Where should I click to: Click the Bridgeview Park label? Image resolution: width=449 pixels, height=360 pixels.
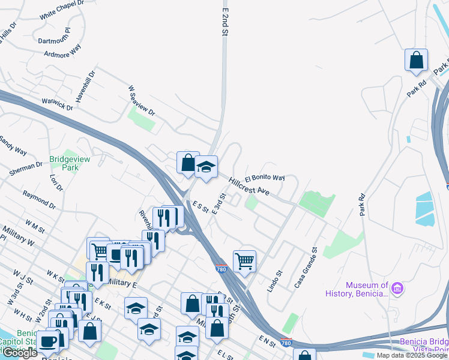tap(65, 163)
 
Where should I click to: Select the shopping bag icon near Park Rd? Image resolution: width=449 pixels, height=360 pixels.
tap(416, 61)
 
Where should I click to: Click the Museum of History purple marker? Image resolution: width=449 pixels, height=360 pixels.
tap(398, 289)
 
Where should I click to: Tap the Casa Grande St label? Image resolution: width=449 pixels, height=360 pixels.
tap(306, 266)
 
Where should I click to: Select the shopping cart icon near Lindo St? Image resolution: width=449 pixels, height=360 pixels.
tap(244, 262)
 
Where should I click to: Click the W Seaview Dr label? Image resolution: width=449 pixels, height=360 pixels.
tap(141, 100)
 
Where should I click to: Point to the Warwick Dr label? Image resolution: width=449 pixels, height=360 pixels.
tap(58, 103)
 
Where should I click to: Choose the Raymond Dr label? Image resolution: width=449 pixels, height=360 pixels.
tap(39, 200)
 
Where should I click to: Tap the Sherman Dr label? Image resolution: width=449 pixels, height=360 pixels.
tap(26, 168)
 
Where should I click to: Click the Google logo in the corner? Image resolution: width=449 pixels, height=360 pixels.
tap(20, 353)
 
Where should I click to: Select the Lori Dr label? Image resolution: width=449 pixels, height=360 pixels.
tap(56, 182)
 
